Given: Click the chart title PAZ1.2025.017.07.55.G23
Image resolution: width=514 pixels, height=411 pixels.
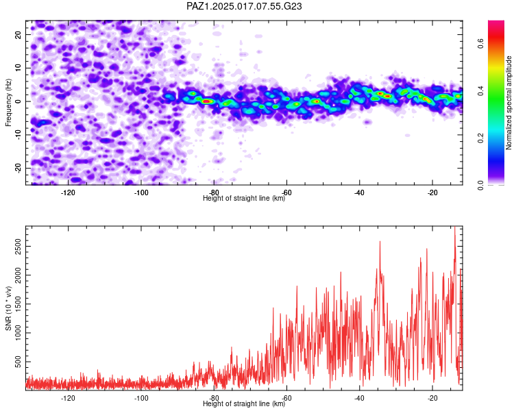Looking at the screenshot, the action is (244, 6).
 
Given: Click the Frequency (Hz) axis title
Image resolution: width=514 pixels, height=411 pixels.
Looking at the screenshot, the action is (8, 103).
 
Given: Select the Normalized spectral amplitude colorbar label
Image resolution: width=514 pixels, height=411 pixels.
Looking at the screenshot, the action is (509, 103).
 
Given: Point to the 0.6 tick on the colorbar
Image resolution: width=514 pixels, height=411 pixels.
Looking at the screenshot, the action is (480, 43).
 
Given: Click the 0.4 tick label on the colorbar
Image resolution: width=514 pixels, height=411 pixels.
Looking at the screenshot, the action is (480, 91).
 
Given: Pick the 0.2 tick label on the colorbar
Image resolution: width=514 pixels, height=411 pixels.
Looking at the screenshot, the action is (480, 138).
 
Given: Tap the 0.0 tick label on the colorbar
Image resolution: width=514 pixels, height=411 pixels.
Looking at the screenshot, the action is (480, 185).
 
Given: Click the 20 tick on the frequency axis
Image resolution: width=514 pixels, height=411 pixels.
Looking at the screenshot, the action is (19, 34).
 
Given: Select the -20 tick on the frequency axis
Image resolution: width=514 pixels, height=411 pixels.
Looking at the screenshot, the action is (19, 168).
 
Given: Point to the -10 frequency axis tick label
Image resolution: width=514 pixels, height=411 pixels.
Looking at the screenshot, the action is (19, 135).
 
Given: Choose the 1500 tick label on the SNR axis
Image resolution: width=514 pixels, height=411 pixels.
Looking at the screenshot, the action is (19, 304).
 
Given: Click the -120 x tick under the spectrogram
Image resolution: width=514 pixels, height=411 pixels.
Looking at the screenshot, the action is (68, 192).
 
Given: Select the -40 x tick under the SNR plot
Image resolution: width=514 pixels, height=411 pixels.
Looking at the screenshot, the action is (359, 398).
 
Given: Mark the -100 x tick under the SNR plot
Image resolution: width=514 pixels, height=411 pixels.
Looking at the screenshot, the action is (141, 398).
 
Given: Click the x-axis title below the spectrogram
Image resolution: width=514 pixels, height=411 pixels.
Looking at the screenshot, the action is (244, 198).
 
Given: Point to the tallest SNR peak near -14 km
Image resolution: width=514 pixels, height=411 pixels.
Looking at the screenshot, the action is (454, 227).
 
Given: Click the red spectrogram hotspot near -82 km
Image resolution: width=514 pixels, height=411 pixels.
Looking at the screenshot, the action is (206, 101).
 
